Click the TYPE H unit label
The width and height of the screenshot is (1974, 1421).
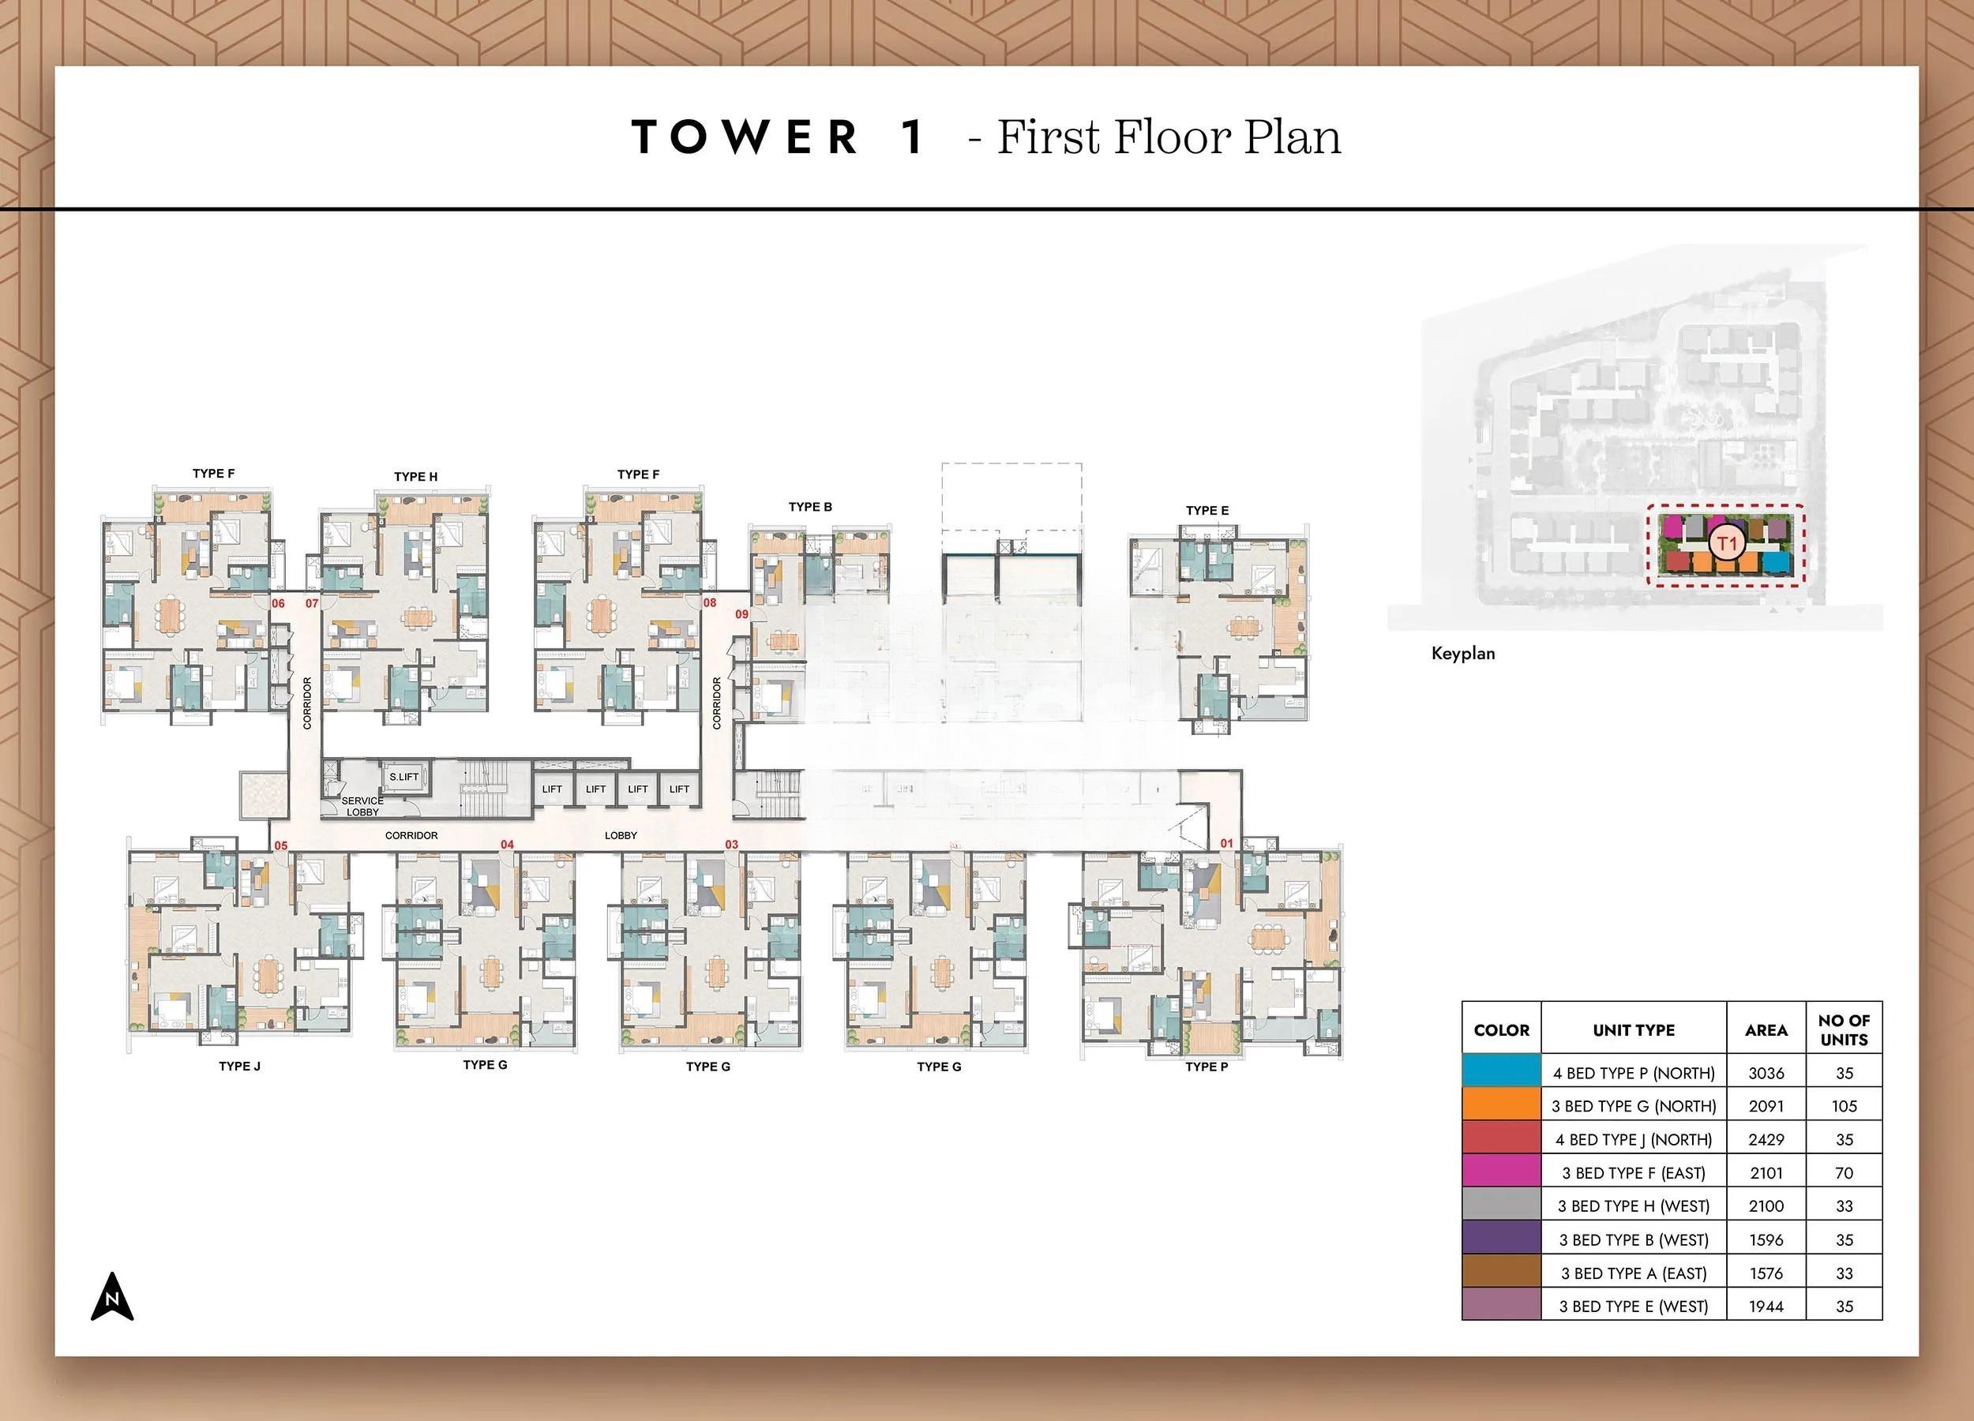click(x=415, y=477)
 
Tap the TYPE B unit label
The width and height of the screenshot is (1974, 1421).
click(x=810, y=507)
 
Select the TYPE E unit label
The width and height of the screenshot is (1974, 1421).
click(x=1207, y=510)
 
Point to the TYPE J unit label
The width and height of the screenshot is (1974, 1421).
click(x=239, y=1066)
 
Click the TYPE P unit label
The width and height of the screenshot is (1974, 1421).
click(x=1207, y=1066)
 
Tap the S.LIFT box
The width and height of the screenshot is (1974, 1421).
click(x=403, y=776)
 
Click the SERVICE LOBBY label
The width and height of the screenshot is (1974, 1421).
click(x=362, y=806)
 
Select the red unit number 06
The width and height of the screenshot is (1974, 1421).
click(x=279, y=603)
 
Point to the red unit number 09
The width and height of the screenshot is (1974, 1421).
click(x=741, y=614)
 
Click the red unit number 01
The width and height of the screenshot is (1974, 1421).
click(x=1226, y=843)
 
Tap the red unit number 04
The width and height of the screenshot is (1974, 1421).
click(x=508, y=844)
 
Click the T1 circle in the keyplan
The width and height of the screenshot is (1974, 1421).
click(x=1727, y=545)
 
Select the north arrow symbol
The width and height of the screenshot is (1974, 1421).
click(x=112, y=1296)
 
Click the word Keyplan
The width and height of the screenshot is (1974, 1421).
click(x=1463, y=654)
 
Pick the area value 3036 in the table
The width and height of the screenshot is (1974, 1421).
click(x=1766, y=1073)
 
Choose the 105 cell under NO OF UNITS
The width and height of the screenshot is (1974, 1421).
click(x=1844, y=1106)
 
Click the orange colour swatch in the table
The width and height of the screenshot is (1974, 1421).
click(x=1501, y=1105)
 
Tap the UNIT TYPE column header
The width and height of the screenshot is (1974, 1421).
click(x=1634, y=1030)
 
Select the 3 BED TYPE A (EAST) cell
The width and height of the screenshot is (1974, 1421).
click(x=1634, y=1273)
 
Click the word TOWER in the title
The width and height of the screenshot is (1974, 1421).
click(x=745, y=137)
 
